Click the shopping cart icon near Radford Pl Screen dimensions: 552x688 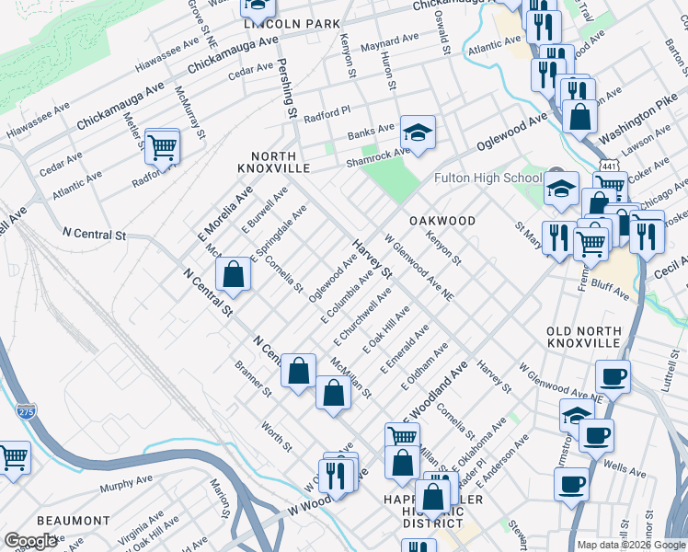tap(162, 145)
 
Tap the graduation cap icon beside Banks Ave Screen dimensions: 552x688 tap(418, 133)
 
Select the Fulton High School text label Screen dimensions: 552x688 tap(487, 178)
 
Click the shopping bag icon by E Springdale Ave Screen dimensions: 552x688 tap(234, 274)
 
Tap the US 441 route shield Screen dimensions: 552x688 tap(608, 165)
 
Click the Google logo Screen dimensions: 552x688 tap(31, 541)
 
